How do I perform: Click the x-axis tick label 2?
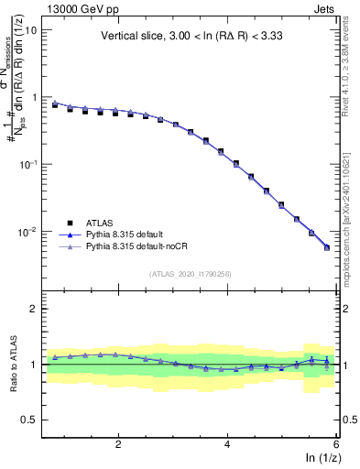click(118, 444)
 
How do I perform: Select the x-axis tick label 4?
click(227, 444)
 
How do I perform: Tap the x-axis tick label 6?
click(335, 444)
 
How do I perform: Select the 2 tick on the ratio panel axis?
click(33, 309)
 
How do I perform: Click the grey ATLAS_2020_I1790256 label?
click(191, 273)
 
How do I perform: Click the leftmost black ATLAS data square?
click(55, 105)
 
